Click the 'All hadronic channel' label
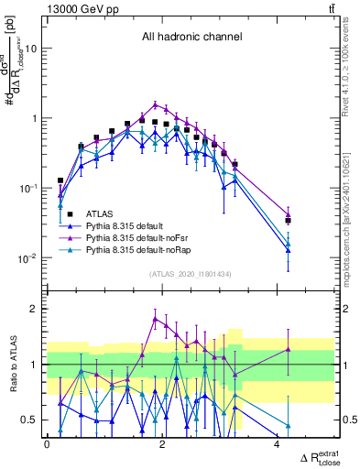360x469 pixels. click(x=191, y=38)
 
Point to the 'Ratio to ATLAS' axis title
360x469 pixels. click(x=12, y=364)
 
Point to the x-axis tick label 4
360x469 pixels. click(x=278, y=444)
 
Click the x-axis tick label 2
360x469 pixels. click(x=162, y=444)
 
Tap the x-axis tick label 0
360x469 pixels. click(x=48, y=444)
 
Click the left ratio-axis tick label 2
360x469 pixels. click(x=33, y=309)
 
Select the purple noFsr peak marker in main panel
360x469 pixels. click(x=157, y=104)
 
